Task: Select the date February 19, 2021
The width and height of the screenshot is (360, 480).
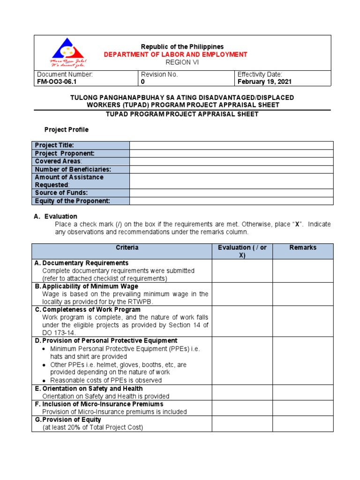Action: pos(264,82)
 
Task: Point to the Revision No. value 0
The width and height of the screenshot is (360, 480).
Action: pos(143,82)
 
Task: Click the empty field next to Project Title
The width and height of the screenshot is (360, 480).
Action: pos(231,145)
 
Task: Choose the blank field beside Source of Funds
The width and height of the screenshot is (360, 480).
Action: pos(231,193)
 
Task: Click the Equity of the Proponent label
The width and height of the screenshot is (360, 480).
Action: pos(72,201)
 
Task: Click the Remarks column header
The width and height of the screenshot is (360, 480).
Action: pos(303,247)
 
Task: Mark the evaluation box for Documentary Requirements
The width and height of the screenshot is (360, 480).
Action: pos(242,270)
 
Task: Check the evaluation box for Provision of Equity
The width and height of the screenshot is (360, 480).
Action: pos(242,424)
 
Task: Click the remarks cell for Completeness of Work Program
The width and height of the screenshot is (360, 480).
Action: pos(303,321)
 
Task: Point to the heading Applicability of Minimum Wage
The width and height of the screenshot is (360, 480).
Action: pos(90,286)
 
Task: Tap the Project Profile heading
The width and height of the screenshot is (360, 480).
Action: pos(66,129)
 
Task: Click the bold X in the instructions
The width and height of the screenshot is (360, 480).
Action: pos(296,225)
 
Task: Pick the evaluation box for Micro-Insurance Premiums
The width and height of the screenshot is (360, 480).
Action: pos(242,408)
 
